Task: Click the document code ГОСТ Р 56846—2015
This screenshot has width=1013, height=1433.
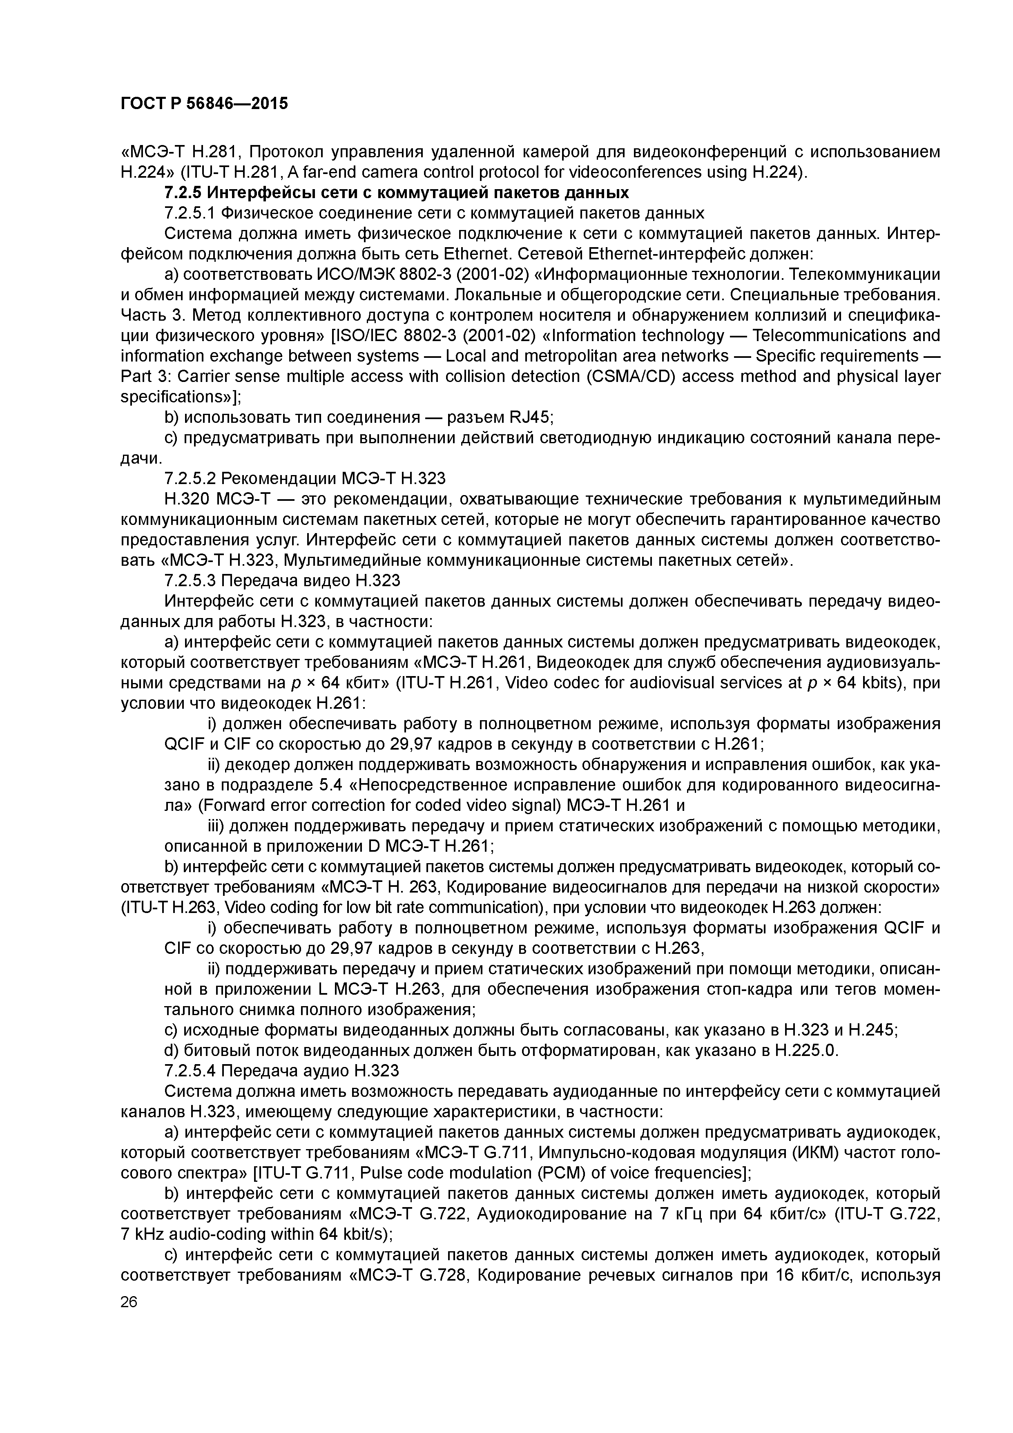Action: point(204,103)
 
